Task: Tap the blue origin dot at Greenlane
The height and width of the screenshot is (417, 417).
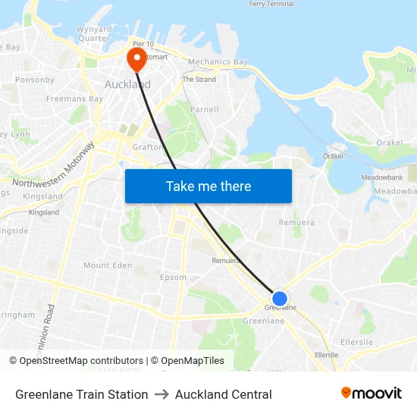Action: [x=280, y=299]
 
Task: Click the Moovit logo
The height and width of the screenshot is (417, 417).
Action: [x=372, y=393]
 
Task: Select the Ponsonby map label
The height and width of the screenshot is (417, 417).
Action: [x=35, y=80]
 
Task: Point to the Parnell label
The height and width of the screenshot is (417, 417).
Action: [x=204, y=109]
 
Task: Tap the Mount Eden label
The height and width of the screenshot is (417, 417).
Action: [x=107, y=265]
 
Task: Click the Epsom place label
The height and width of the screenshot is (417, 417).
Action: [x=173, y=277]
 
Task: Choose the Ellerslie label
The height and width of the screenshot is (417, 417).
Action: [x=327, y=355]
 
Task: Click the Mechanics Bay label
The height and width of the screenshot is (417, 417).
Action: [x=218, y=62]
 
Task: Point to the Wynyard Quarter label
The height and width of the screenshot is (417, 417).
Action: [x=94, y=33]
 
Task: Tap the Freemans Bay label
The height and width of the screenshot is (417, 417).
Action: [x=74, y=99]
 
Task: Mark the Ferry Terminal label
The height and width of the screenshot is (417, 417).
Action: [x=271, y=4]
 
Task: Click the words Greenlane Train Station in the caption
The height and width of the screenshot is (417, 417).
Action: [x=82, y=394]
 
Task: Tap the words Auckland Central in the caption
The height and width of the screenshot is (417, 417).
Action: [x=224, y=394]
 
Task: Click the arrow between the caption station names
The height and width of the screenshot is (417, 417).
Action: [x=161, y=394]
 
